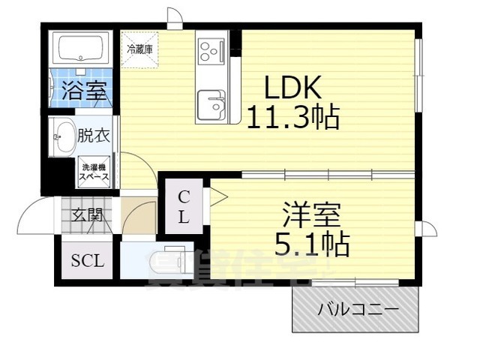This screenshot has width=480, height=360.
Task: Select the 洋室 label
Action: click(312, 215)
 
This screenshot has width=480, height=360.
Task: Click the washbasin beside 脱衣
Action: click(62, 136)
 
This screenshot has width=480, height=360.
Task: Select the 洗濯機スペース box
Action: click(95, 172)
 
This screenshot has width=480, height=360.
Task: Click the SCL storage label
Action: click(88, 262)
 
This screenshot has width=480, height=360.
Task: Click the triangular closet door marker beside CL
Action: click(218, 197)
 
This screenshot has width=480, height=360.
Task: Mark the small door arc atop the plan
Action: click(174, 18)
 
